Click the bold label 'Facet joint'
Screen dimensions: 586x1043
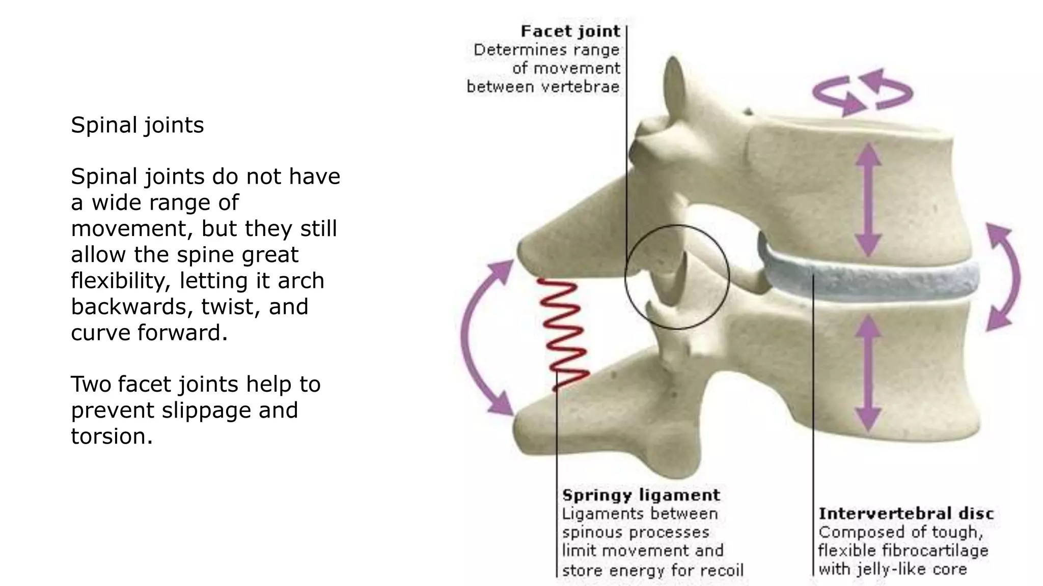pyautogui.click(x=570, y=32)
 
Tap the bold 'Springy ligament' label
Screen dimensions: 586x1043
pyautogui.click(x=641, y=495)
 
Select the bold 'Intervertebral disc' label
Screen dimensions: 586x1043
pyautogui.click(x=906, y=514)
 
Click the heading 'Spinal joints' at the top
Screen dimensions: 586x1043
pyautogui.click(x=138, y=125)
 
